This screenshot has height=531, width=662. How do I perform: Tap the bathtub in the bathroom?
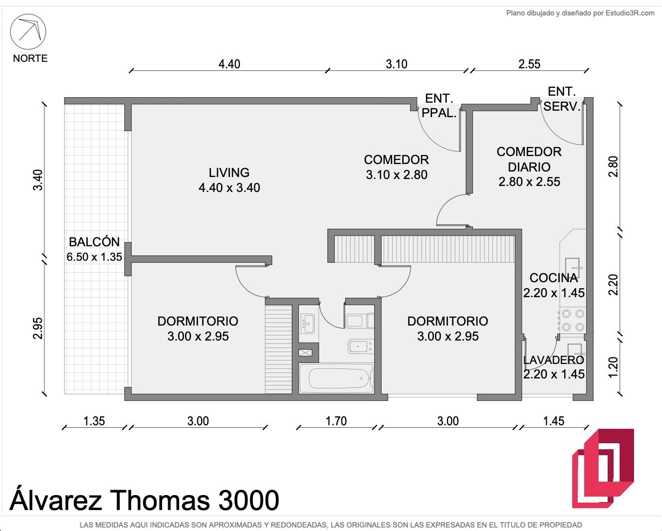point(337,378)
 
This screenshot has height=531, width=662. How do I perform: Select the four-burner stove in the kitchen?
point(573,320)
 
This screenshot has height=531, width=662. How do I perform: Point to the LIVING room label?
point(229,173)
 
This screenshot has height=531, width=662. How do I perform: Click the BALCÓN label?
point(94,242)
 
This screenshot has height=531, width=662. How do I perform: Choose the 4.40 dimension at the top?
point(229,64)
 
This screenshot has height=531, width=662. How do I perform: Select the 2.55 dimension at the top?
point(529,64)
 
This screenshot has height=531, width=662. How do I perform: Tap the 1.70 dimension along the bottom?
point(336,421)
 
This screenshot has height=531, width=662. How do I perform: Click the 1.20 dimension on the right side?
point(613,367)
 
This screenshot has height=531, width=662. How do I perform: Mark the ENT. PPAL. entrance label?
point(439,106)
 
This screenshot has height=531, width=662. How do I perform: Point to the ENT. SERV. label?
point(562,99)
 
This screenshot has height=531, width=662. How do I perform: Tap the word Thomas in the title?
point(160,500)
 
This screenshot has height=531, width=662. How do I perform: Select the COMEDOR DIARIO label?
point(529,159)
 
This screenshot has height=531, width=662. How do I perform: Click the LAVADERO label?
point(554,360)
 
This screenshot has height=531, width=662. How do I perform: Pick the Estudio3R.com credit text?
point(630,13)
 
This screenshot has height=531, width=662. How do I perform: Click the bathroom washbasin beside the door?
point(307,324)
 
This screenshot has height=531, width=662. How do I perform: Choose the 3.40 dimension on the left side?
point(37,180)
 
